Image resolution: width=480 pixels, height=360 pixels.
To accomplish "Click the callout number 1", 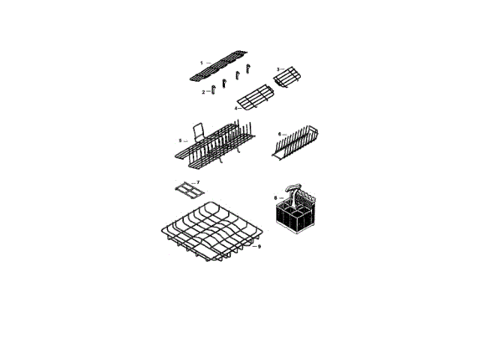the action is [202, 63].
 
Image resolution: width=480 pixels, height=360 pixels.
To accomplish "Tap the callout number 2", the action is [203, 91].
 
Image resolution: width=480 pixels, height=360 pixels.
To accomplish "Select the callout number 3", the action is [278, 70].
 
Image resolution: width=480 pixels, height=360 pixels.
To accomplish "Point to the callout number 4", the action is [236, 108].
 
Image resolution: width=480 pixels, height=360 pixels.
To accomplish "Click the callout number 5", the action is [181, 140].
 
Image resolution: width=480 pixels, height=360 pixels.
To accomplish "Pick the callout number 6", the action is [280, 134].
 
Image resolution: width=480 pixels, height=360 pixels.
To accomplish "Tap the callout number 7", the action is [198, 182].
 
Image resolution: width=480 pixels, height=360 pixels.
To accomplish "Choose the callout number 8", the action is [275, 198].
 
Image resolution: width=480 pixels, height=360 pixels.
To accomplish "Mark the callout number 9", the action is [259, 247].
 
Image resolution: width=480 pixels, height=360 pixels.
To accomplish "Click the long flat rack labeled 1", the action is [219, 66].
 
